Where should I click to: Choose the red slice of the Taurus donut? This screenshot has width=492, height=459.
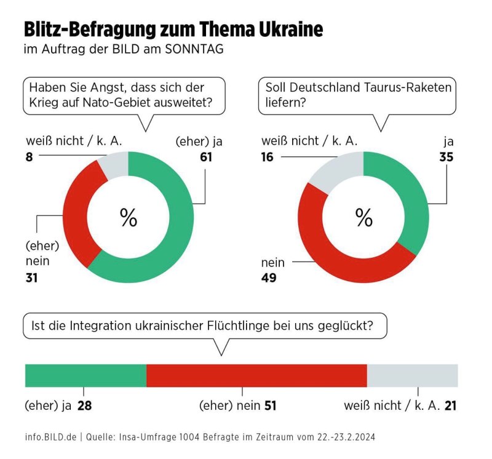(x=344, y=261)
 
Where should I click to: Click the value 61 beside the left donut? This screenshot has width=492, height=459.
(x=205, y=157)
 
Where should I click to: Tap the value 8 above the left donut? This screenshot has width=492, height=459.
(x=28, y=157)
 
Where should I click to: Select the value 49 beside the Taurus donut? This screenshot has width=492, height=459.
(x=269, y=278)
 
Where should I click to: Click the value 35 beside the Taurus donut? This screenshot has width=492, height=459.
(x=446, y=157)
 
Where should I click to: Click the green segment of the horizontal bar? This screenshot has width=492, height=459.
(x=85, y=375)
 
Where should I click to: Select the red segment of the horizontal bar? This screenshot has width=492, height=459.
(x=256, y=375)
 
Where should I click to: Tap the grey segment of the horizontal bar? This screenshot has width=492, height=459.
(x=412, y=375)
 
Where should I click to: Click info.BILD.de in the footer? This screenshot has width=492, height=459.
(x=51, y=437)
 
